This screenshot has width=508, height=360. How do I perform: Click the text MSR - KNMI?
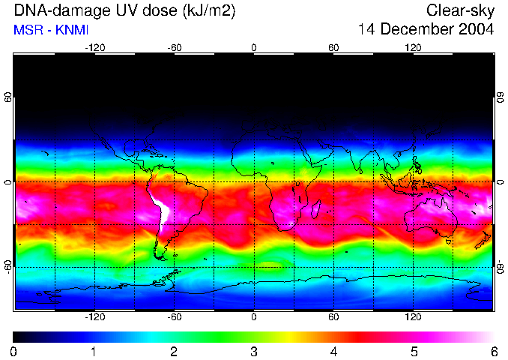click(46, 31)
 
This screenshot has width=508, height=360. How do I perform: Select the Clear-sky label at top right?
click(460, 10)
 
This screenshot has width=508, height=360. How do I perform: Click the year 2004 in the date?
click(477, 30)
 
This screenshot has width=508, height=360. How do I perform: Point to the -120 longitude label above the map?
click(94, 47)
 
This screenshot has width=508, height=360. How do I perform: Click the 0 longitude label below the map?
click(254, 317)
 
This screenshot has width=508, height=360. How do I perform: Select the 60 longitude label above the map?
click(333, 47)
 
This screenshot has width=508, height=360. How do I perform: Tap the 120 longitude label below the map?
click(413, 317)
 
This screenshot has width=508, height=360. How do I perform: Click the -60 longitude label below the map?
click(175, 317)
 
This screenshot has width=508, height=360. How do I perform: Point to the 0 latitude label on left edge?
click(8, 182)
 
